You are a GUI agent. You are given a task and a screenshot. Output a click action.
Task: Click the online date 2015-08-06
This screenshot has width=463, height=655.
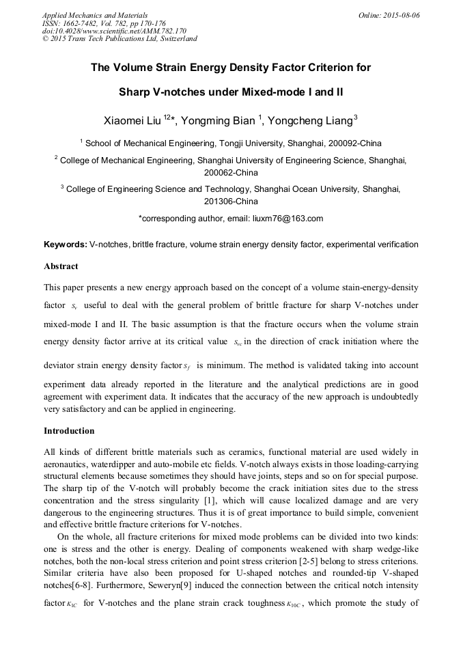tap(402, 14)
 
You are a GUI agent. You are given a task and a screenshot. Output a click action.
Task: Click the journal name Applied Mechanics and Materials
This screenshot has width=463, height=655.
tap(94, 14)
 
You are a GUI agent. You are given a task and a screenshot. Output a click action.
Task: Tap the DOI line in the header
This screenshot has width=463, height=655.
tap(113, 31)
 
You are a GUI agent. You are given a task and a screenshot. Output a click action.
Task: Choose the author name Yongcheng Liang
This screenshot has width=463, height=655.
tap(309, 121)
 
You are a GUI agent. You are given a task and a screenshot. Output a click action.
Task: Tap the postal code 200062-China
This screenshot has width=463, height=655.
tap(231, 173)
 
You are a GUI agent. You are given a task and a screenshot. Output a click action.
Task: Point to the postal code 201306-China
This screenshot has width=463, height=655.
tap(231, 201)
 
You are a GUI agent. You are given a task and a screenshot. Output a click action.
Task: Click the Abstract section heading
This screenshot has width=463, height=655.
tap(61, 266)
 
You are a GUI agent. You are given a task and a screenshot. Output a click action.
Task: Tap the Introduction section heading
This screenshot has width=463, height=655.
tap(69, 431)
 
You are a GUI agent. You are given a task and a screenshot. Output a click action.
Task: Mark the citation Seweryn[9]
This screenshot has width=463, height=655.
tap(207, 585)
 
